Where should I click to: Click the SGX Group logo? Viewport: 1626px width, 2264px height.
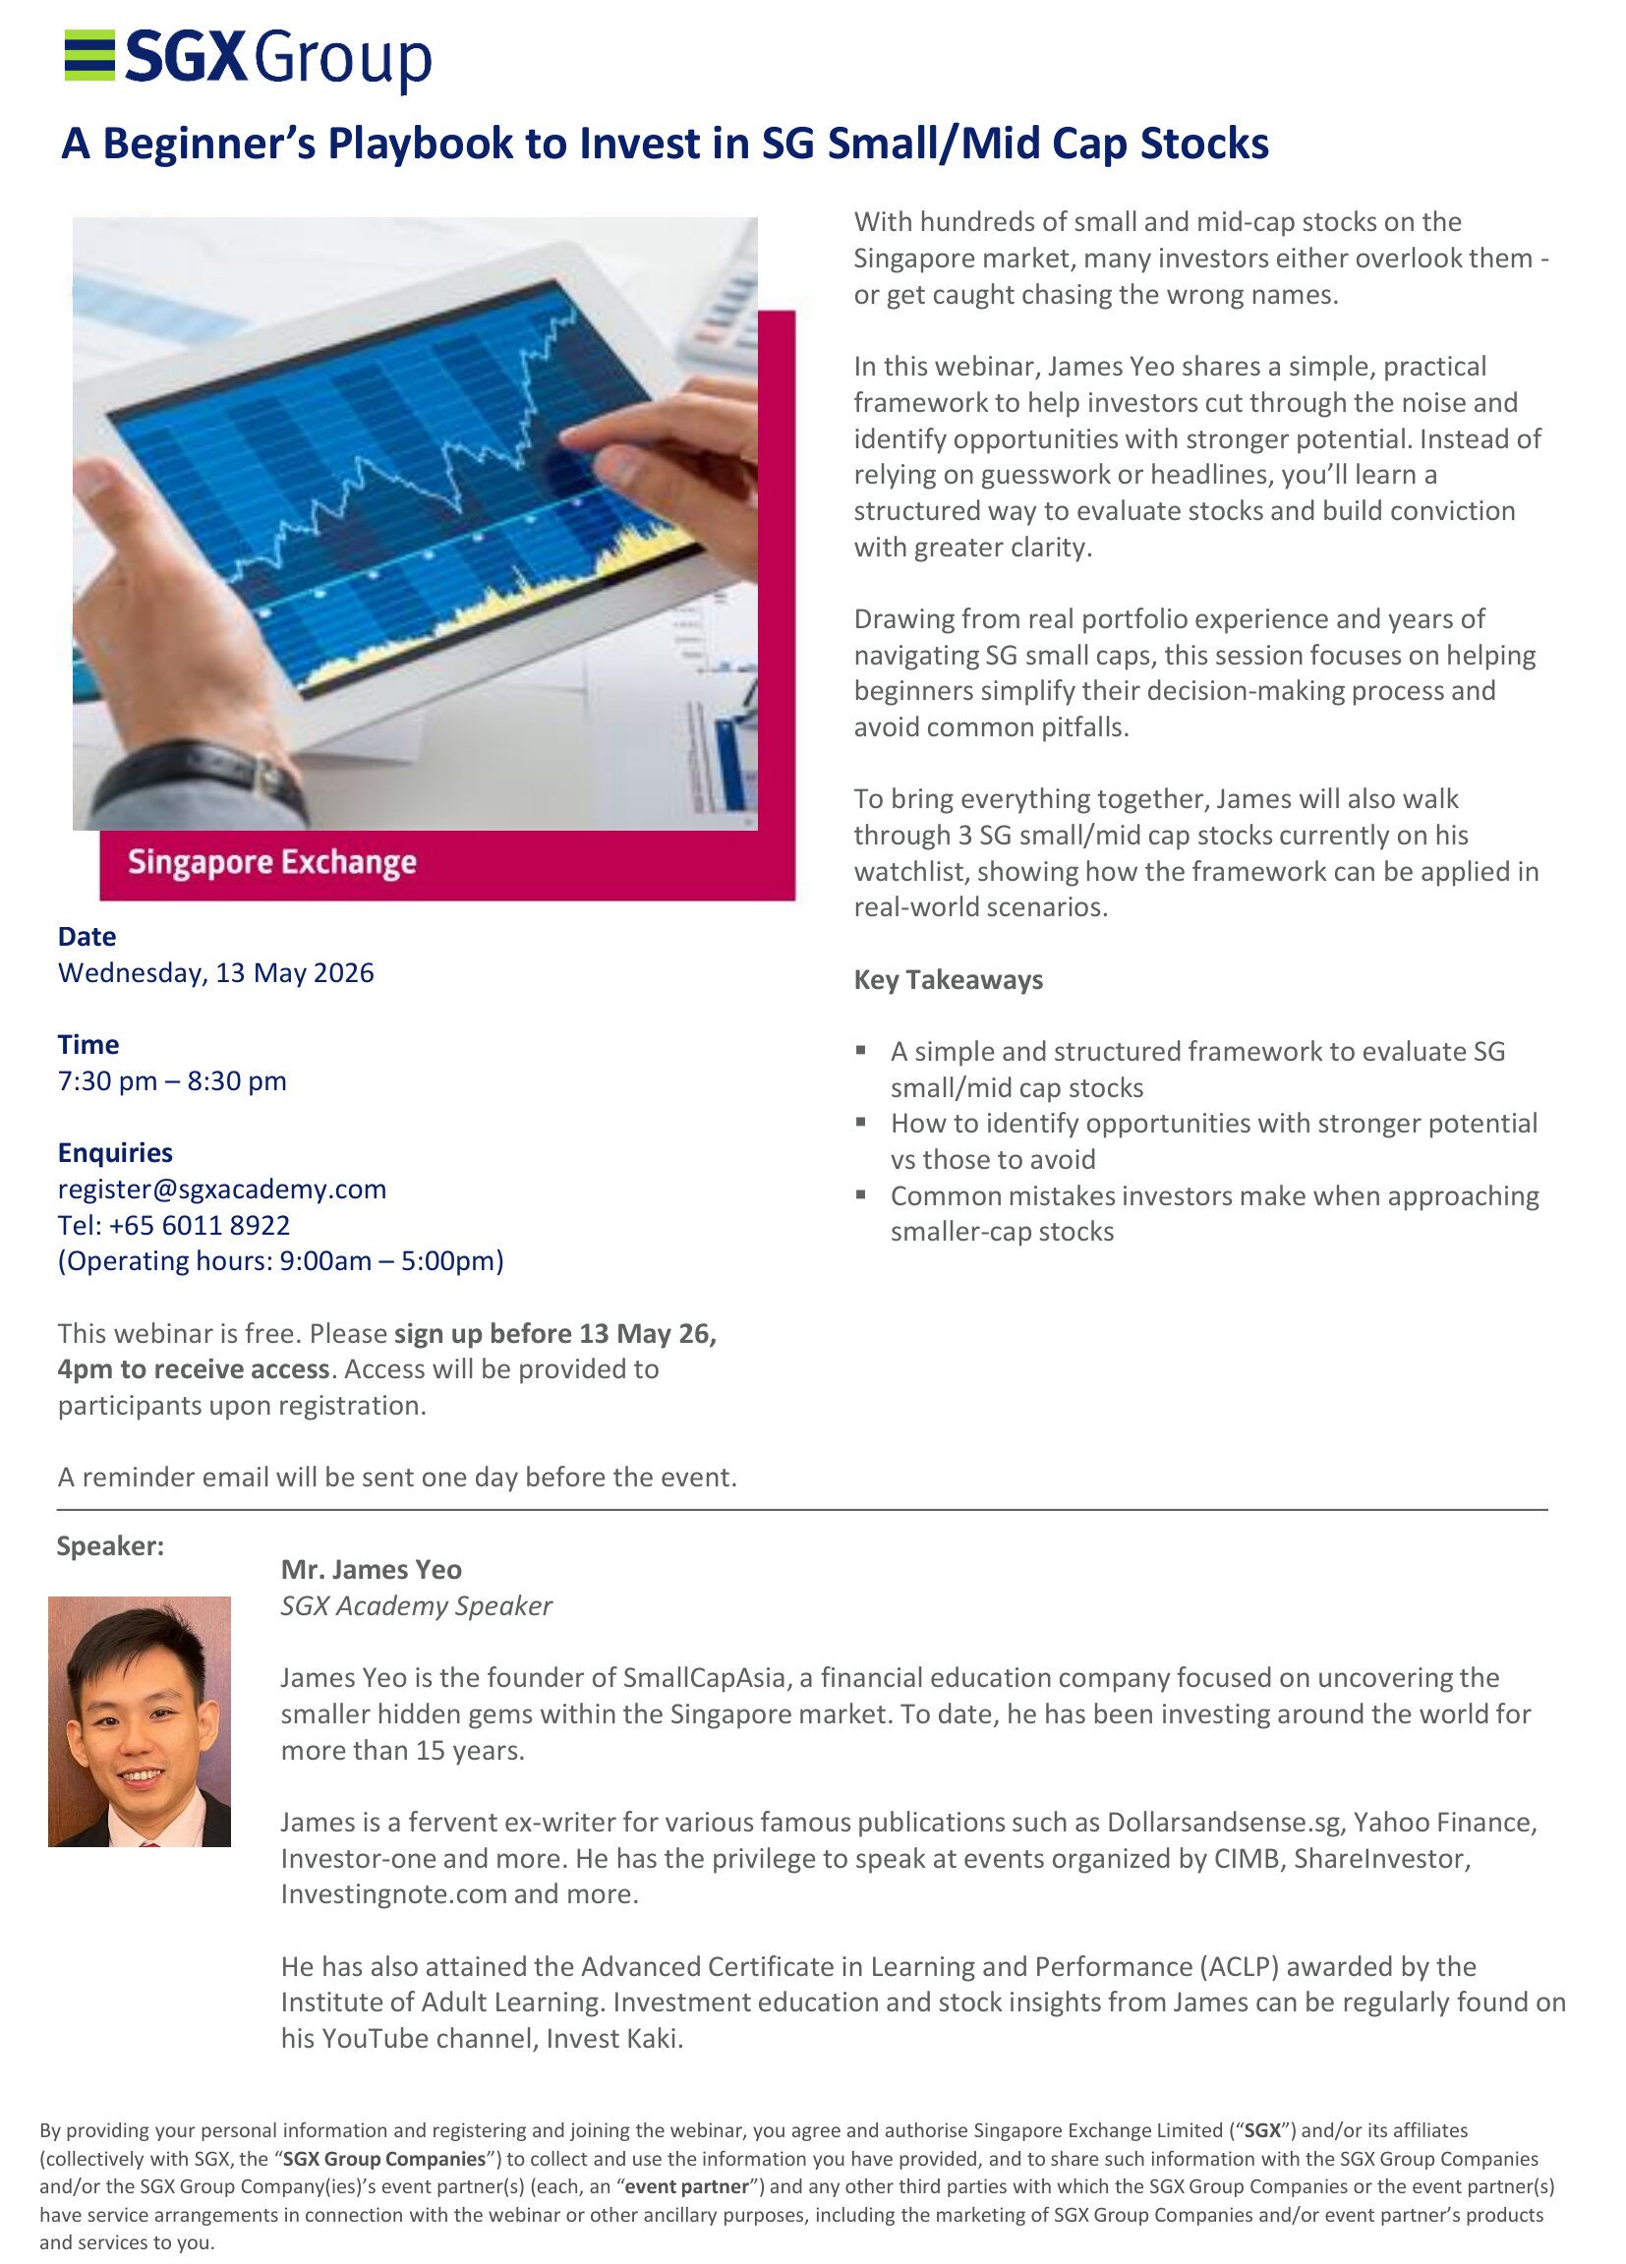(248, 58)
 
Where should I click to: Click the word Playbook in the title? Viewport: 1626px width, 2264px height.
(419, 144)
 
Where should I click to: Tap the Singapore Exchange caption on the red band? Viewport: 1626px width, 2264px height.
(271, 862)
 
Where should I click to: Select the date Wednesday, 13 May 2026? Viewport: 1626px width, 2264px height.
(215, 973)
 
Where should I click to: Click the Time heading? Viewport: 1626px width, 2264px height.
(87, 1045)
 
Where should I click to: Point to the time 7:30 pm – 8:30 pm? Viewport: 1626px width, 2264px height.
(172, 1081)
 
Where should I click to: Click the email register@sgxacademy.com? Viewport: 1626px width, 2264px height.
(221, 1189)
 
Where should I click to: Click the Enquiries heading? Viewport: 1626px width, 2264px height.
(115, 1153)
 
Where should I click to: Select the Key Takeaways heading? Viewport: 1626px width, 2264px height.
(948, 980)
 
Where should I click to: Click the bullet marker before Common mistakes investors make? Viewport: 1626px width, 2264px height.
(860, 1193)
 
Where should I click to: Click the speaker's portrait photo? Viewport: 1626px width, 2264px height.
(139, 1721)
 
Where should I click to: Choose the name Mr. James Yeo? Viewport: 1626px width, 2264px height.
(371, 1570)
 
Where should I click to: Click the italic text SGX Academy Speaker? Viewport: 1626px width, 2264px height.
(415, 1606)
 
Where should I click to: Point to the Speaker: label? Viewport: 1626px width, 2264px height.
(110, 1546)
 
